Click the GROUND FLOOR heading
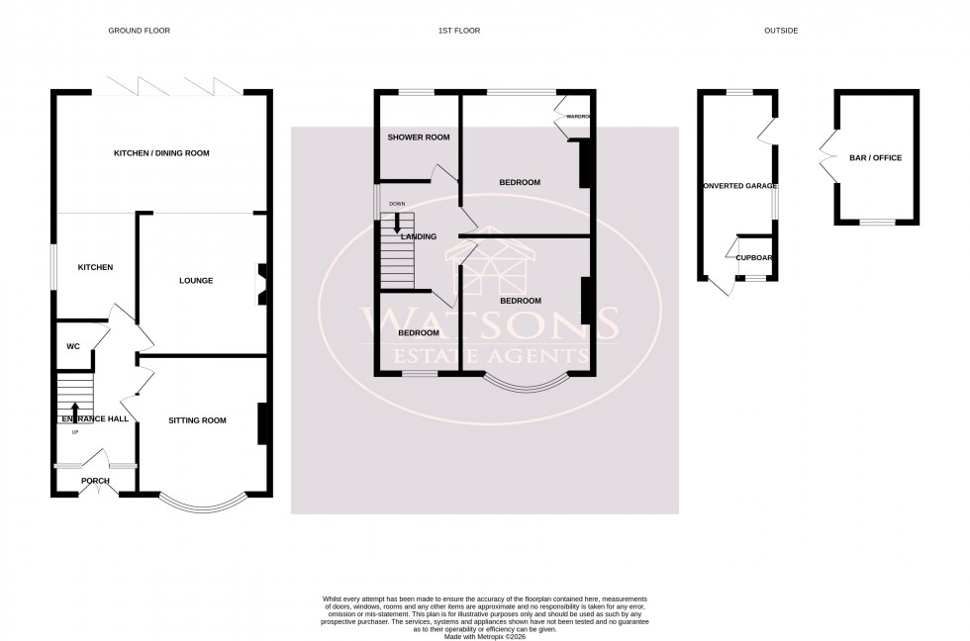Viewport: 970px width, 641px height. point(139,31)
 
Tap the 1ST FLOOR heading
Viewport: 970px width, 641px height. point(459,31)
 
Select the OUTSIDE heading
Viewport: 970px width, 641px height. point(780,31)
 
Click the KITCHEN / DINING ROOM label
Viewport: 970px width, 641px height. point(161,153)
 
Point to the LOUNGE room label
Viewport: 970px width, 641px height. point(196,281)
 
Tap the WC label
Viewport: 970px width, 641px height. point(72,347)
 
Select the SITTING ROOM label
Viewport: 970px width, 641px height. point(197,420)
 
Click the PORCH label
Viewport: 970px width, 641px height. point(95,481)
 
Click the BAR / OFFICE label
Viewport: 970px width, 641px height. point(875,158)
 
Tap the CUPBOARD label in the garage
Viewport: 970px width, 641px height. point(754,257)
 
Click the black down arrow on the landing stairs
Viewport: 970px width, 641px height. point(397,223)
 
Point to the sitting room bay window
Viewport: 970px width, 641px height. point(202,504)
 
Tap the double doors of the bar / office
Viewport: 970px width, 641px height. point(826,158)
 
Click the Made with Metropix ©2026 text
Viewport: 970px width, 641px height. point(484,635)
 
